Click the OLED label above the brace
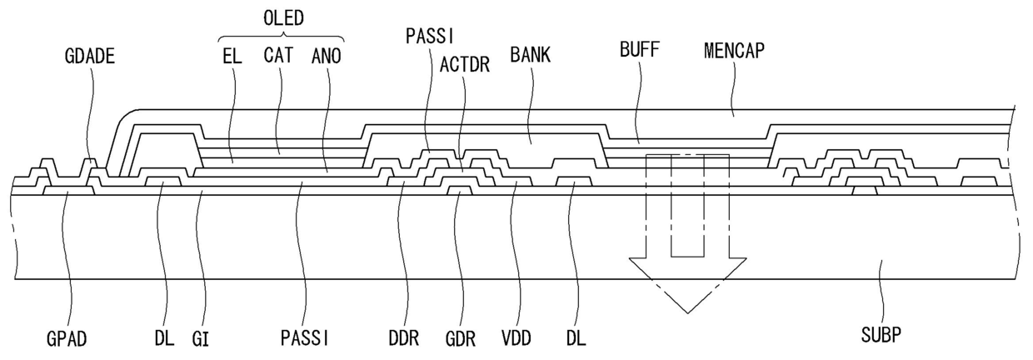[x=283, y=18]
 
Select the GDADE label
[x=89, y=57]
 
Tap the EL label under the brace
[x=232, y=57]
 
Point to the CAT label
[x=278, y=55]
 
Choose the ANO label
[x=327, y=57]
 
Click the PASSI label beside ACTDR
[x=430, y=36]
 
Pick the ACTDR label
[x=464, y=65]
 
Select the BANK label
[x=531, y=55]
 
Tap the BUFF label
[x=640, y=50]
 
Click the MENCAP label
[x=734, y=51]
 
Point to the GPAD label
[x=67, y=339]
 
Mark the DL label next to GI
[x=165, y=339]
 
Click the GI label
[x=201, y=339]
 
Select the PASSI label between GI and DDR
[x=305, y=338]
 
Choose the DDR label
[x=404, y=339]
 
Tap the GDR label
[x=461, y=339]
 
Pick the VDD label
[x=516, y=338]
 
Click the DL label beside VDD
[x=576, y=339]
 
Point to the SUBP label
[x=881, y=335]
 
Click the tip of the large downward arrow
[x=687, y=313]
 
